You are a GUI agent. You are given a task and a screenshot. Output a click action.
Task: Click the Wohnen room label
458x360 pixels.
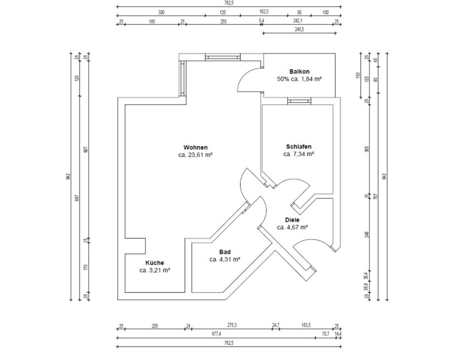[x=195, y=147]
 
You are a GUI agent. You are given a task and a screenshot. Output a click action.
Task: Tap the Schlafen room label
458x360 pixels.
[x=299, y=147]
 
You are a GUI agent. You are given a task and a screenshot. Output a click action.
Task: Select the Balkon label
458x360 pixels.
[x=299, y=72]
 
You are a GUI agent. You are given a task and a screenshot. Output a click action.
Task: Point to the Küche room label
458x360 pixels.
[x=155, y=263]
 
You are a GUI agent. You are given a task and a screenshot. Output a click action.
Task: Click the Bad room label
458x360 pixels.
[x=225, y=252]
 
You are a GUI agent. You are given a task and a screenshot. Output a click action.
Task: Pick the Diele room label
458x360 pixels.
[x=292, y=220]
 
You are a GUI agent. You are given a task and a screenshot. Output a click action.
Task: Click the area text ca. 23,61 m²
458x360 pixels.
[x=195, y=155]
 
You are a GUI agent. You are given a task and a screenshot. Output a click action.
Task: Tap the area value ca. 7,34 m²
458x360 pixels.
[x=299, y=154]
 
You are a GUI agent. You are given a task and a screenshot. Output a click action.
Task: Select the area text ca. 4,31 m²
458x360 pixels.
[x=225, y=260]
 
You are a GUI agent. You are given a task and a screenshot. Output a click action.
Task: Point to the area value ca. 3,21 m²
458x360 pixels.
[x=155, y=270]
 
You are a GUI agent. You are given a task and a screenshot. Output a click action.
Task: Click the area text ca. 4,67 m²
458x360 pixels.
[x=292, y=227]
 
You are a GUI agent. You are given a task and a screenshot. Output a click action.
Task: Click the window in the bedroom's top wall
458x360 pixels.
[x=299, y=101]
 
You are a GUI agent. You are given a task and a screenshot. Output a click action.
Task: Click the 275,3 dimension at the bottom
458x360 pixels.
[x=232, y=325]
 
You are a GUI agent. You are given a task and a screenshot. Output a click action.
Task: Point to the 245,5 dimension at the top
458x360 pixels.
[x=300, y=30]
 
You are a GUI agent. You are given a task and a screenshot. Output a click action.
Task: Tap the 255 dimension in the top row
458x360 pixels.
[x=223, y=21]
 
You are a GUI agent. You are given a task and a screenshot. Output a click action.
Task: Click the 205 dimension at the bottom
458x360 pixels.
[x=155, y=325]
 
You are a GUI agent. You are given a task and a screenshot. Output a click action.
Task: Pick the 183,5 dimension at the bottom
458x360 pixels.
[x=305, y=325]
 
